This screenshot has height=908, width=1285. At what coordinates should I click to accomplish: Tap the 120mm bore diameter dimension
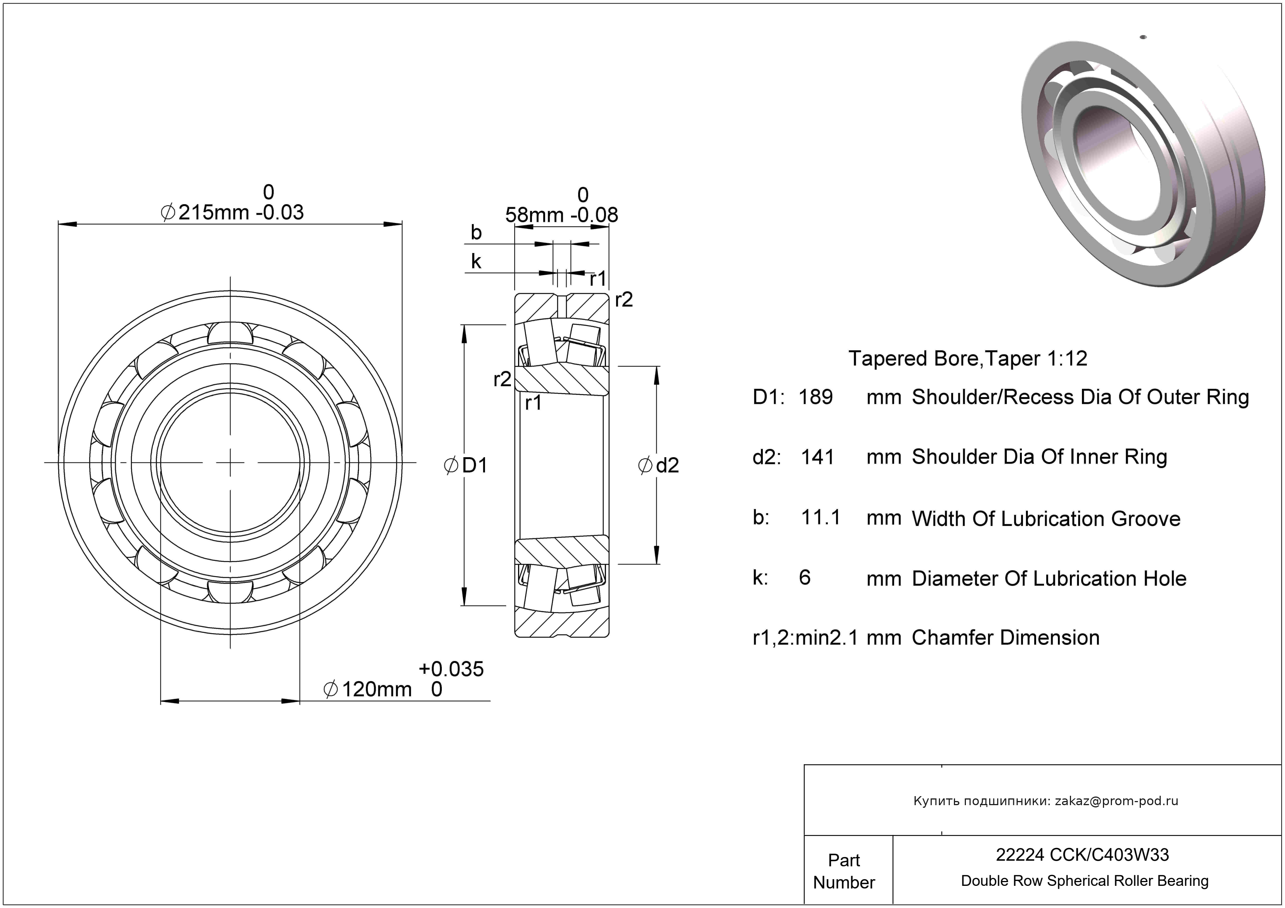click(376, 689)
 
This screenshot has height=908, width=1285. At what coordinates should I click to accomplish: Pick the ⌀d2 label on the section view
click(659, 465)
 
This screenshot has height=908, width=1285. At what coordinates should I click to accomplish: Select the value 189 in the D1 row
click(815, 397)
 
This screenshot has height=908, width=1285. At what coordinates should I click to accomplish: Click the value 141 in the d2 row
click(817, 457)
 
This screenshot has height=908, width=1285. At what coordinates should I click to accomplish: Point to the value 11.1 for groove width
click(821, 518)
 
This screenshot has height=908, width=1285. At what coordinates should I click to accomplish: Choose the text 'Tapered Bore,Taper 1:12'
click(968, 358)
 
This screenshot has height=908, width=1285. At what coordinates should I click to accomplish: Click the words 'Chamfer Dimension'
click(1005, 638)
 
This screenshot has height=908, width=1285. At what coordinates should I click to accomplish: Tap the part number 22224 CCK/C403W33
click(1082, 855)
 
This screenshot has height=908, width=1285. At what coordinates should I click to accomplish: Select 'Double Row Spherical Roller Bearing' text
click(1085, 881)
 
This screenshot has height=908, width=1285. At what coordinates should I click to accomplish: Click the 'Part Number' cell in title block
click(844, 871)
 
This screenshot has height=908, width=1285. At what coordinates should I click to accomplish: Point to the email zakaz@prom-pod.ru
click(1116, 801)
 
